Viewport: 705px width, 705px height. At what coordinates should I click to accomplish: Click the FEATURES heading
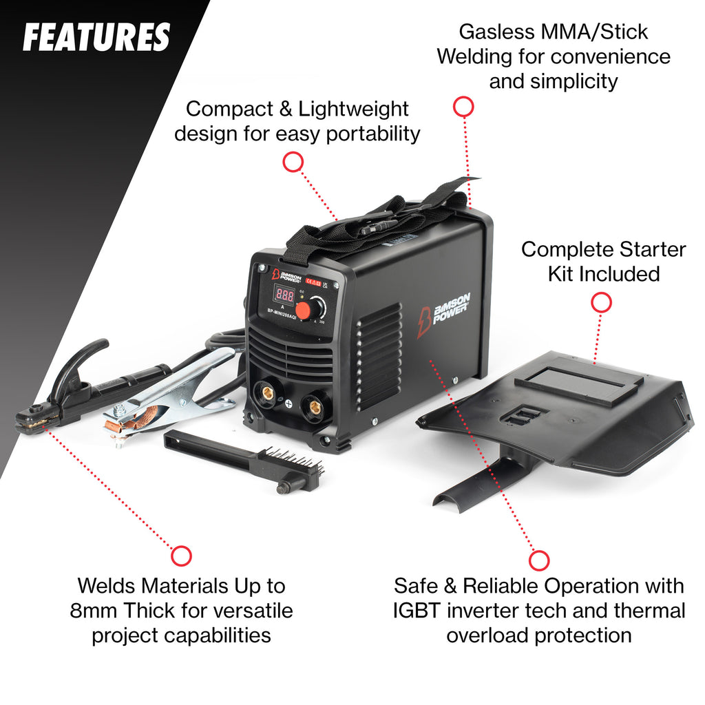click(96, 37)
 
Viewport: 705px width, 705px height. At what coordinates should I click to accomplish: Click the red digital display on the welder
click(284, 295)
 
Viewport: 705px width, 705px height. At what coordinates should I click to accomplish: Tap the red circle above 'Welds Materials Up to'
click(181, 556)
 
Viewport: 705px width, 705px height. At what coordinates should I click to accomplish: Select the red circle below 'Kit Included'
click(601, 303)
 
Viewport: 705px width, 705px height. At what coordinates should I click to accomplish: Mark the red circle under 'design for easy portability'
click(293, 162)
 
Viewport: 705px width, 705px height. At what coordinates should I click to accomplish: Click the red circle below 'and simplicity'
click(463, 107)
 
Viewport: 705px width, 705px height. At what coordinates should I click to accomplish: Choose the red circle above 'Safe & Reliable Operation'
click(539, 560)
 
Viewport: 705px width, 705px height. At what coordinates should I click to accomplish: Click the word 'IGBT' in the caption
click(416, 611)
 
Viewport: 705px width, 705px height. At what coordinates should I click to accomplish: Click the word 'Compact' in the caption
click(230, 109)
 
